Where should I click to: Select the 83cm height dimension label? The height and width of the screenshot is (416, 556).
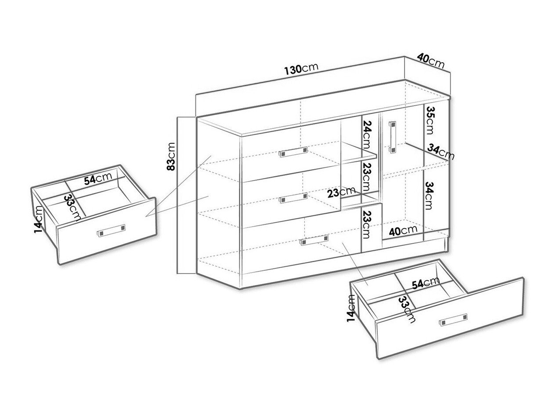pyautogui.click(x=171, y=156)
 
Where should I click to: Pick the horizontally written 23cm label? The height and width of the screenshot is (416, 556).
pyautogui.click(x=341, y=192)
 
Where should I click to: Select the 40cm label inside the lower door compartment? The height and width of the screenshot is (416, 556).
pyautogui.click(x=403, y=230)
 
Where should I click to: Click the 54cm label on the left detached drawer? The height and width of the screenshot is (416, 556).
pyautogui.click(x=98, y=178)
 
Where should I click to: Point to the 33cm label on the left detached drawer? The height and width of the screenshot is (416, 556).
pyautogui.click(x=73, y=207)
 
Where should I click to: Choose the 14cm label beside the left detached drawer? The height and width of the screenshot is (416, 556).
pyautogui.click(x=39, y=219)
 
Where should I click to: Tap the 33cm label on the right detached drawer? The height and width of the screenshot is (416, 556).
pyautogui.click(x=407, y=309)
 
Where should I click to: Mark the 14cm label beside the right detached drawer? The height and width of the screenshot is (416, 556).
pyautogui.click(x=352, y=308)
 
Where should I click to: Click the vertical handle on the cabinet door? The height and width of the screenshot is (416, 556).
pyautogui.click(x=392, y=137)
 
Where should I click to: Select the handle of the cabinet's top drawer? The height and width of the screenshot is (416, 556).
pyautogui.click(x=293, y=152)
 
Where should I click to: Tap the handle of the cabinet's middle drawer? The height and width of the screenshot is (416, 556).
pyautogui.click(x=293, y=198)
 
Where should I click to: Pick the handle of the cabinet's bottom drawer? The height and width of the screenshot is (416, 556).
pyautogui.click(x=314, y=240)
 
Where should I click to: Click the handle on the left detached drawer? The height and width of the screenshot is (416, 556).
pyautogui.click(x=111, y=230)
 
